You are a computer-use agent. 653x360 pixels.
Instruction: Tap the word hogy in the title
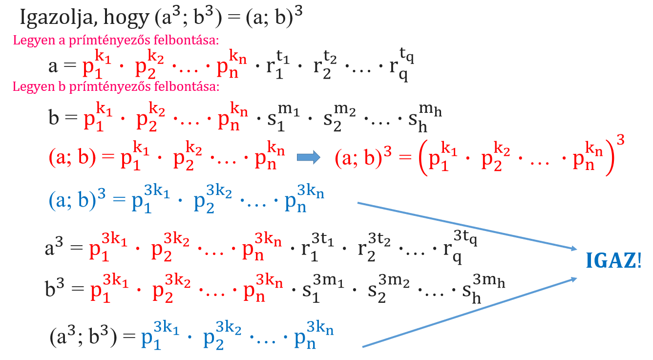(126, 18)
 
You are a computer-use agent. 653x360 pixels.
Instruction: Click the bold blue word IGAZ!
(613, 260)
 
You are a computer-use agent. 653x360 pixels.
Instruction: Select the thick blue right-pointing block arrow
(308, 157)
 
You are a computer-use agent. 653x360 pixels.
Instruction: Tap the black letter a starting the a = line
(53, 66)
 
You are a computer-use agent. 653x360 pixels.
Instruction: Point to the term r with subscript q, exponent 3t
(460, 247)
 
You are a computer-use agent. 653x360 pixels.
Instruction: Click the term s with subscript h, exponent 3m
(484, 289)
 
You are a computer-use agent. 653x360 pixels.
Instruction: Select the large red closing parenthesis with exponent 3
(614, 155)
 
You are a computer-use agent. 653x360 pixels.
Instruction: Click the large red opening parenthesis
(423, 158)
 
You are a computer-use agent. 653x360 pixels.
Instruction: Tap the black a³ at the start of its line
(54, 247)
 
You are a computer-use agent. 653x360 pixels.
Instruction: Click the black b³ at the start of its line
(54, 288)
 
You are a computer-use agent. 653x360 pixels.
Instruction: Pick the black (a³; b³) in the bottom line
(84, 336)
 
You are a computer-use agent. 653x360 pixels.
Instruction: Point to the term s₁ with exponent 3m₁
(323, 289)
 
